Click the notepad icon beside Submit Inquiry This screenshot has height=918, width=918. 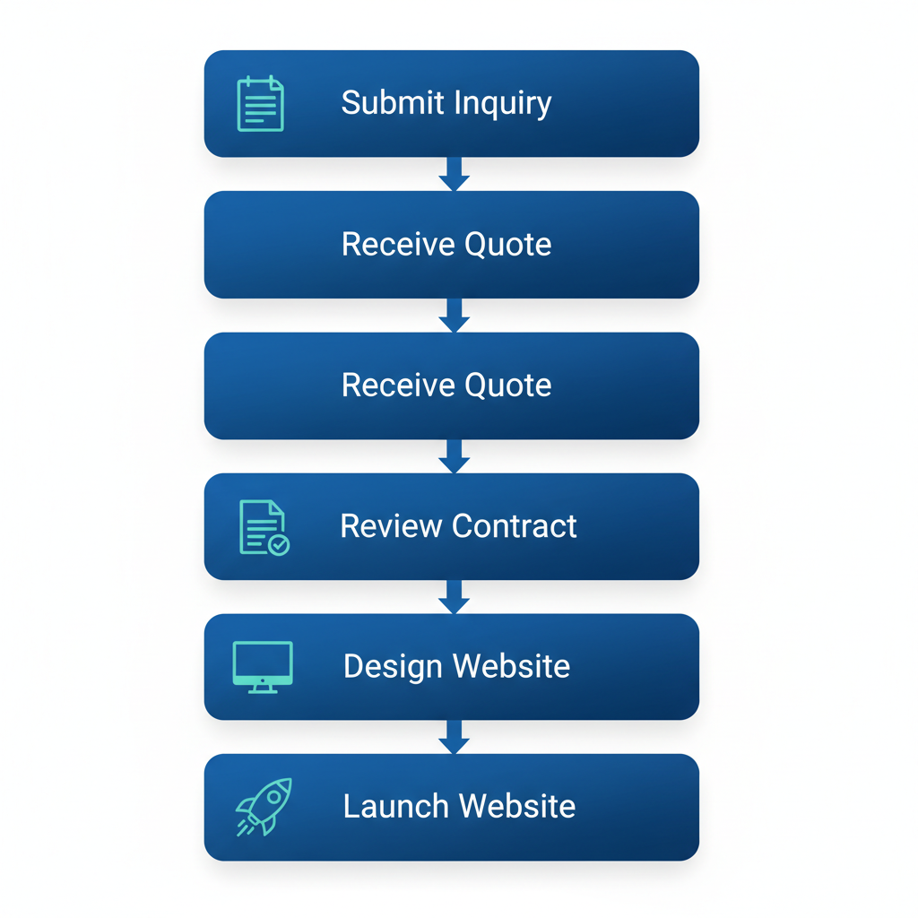pyautogui.click(x=260, y=104)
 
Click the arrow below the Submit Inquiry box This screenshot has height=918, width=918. pyautogui.click(x=455, y=175)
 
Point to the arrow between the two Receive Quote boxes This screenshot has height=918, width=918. pyautogui.click(x=455, y=316)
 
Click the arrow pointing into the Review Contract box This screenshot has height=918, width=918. pyautogui.click(x=455, y=456)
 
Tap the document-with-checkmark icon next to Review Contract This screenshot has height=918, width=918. pyautogui.click(x=264, y=527)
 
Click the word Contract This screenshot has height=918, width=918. pyautogui.click(x=515, y=525)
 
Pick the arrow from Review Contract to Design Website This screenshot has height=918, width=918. pyautogui.click(x=455, y=597)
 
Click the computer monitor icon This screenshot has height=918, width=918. pyautogui.click(x=263, y=666)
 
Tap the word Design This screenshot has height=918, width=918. pyautogui.click(x=394, y=666)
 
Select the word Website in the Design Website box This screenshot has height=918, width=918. pyautogui.click(x=511, y=666)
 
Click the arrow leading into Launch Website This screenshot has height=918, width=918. pyautogui.click(x=455, y=737)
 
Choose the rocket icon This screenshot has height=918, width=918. pyautogui.click(x=264, y=806)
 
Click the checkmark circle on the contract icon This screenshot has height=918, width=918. pyautogui.click(x=279, y=544)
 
